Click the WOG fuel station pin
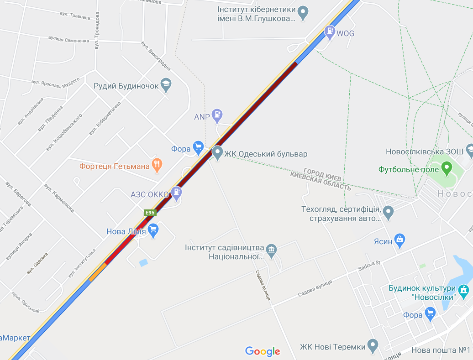[x=329, y=32]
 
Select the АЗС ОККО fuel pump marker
[x=176, y=193]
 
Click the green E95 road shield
[x=150, y=213]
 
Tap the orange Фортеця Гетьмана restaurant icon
[x=157, y=165]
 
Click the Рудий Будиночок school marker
[x=166, y=85]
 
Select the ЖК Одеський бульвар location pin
[x=217, y=153]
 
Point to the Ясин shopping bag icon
[x=400, y=240]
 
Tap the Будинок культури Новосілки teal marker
[x=464, y=289]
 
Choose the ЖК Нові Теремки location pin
[x=373, y=345]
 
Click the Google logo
[x=263, y=351]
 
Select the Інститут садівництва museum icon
[x=272, y=250]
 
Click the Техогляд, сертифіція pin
[x=388, y=211]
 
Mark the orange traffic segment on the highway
[x=97, y=272]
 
